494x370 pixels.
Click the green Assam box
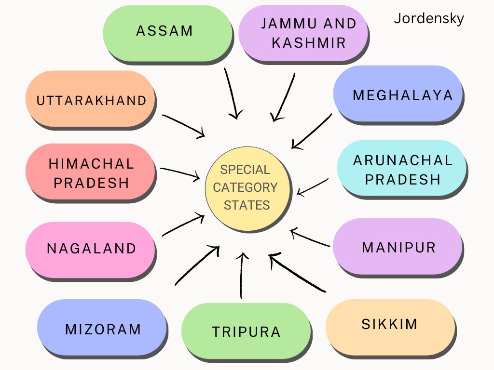(x=167, y=33)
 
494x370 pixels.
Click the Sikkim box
(x=390, y=327)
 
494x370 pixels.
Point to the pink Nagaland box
(x=90, y=250)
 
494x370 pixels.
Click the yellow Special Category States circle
(x=247, y=189)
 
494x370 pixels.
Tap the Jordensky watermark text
(x=429, y=19)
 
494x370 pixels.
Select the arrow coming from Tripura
(x=242, y=275)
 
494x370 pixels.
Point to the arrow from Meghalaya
(x=312, y=132)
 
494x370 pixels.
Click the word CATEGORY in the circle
(x=245, y=187)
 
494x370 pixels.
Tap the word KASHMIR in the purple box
(x=309, y=43)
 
